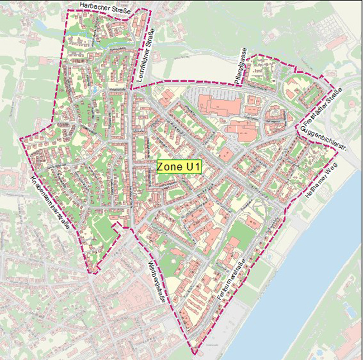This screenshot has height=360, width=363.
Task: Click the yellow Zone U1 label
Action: pyautogui.click(x=179, y=167)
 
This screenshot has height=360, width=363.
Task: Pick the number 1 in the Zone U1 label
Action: pyautogui.click(x=197, y=167)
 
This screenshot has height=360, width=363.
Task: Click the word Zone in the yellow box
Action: pyautogui.click(x=169, y=167)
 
